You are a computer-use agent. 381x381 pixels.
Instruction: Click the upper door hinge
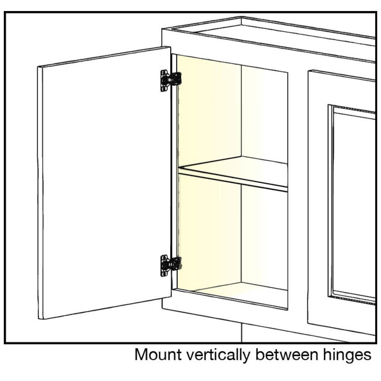[171, 80]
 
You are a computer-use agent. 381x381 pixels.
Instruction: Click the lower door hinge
[171, 266]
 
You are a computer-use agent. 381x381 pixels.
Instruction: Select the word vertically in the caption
[218, 355]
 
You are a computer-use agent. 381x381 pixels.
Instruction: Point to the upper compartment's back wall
[264, 114]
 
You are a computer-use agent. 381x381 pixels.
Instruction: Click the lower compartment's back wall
[264, 237]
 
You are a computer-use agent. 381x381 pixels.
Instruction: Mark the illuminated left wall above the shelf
[209, 112]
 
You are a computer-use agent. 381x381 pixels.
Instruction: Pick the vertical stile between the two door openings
[298, 194]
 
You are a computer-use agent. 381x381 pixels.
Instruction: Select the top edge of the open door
[104, 57]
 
